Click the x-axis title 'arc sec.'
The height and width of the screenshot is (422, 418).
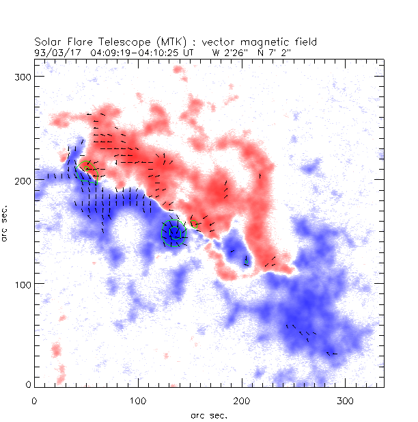click(209, 414)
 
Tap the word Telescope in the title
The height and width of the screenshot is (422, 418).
click(119, 42)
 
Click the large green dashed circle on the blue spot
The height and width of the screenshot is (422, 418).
click(173, 233)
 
